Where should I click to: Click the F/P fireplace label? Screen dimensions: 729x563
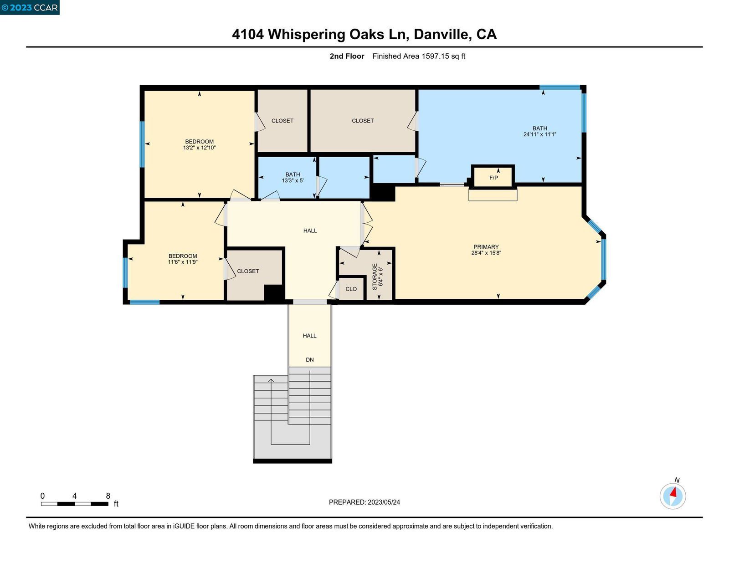pos(493,178)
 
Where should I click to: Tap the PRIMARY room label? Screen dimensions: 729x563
pos(486,247)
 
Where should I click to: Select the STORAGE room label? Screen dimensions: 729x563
pos(375,276)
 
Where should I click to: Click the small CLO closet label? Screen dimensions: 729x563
pos(351,289)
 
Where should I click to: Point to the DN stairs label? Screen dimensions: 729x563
pos(310,360)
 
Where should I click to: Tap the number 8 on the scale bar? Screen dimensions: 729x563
pos(108,496)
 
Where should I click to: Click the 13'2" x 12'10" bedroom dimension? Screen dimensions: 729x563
pos(199,148)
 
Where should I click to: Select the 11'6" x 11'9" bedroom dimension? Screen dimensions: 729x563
pos(183,262)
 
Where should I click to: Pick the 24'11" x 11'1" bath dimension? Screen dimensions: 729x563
pos(540,134)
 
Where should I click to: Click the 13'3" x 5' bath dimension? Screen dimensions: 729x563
pos(293,180)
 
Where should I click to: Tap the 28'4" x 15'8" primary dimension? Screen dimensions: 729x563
pos(486,253)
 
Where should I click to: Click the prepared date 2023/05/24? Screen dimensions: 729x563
pos(384,502)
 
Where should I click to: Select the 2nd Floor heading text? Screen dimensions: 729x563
pos(347,56)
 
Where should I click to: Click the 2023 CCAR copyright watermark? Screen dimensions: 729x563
pos(30,7)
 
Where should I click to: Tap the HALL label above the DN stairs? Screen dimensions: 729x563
pos(310,336)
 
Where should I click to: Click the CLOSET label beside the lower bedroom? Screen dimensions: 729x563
pos(248,271)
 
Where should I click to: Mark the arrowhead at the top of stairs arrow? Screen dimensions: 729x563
pos(271,380)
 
